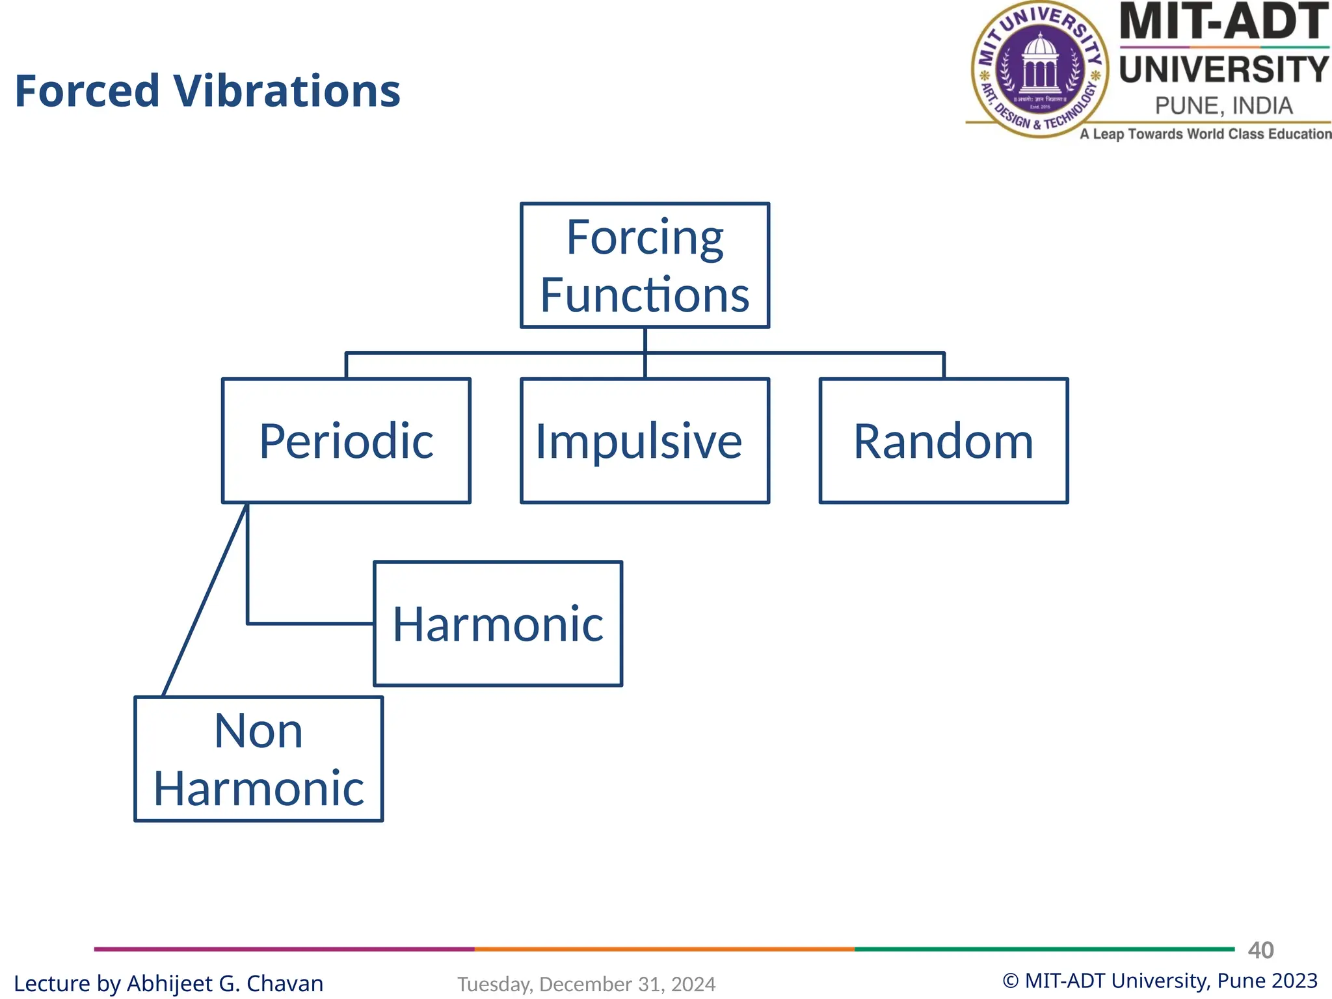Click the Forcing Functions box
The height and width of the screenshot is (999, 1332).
pyautogui.click(x=645, y=265)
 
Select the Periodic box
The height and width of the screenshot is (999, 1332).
pyautogui.click(x=346, y=440)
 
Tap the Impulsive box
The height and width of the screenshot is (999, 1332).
pyautogui.click(x=645, y=440)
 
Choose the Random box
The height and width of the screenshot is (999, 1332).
pyautogui.click(x=943, y=440)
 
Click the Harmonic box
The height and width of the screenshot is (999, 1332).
pyautogui.click(x=498, y=623)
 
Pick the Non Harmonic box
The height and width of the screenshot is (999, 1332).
pyautogui.click(x=258, y=759)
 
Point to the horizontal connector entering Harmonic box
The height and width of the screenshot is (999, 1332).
pyautogui.click(x=311, y=623)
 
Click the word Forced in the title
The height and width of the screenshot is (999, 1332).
pyautogui.click(x=87, y=91)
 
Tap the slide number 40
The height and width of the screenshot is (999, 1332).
pyautogui.click(x=1260, y=950)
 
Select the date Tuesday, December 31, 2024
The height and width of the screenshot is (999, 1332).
pyautogui.click(x=586, y=984)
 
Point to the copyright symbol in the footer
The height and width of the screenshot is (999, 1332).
pyautogui.click(x=1010, y=981)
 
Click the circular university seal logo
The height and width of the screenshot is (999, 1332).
pyautogui.click(x=1040, y=69)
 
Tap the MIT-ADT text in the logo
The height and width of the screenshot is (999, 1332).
pyautogui.click(x=1223, y=22)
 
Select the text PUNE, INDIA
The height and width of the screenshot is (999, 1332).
pyautogui.click(x=1223, y=105)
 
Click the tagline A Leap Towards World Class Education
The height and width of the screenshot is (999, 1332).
pyautogui.click(x=1205, y=134)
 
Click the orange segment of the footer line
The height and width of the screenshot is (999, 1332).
pyautogui.click(x=664, y=949)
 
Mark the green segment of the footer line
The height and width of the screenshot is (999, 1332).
pyautogui.click(x=1044, y=949)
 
